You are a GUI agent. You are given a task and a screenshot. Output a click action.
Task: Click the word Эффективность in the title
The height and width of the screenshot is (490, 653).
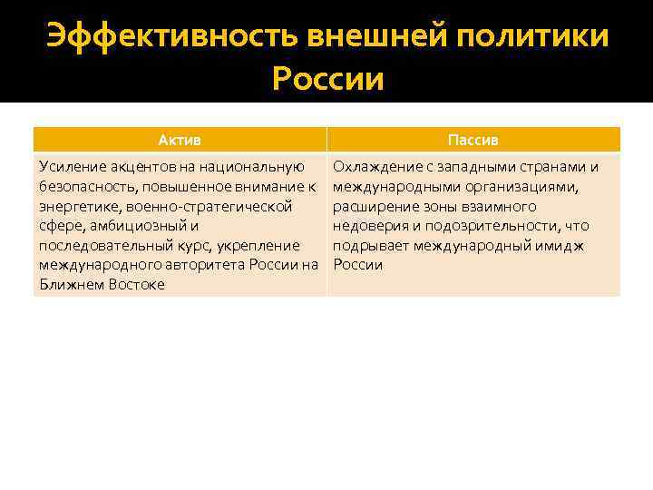171,37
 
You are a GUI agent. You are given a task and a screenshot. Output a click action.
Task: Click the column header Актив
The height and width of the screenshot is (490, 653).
180,140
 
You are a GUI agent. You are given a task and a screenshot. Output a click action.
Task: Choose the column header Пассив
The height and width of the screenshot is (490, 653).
473,140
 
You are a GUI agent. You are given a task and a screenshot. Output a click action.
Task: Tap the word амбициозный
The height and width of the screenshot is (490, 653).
139,226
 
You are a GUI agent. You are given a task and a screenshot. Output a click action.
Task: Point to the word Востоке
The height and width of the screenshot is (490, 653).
132,285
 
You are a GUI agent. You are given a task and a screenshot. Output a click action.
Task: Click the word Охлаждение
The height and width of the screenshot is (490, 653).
376,167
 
